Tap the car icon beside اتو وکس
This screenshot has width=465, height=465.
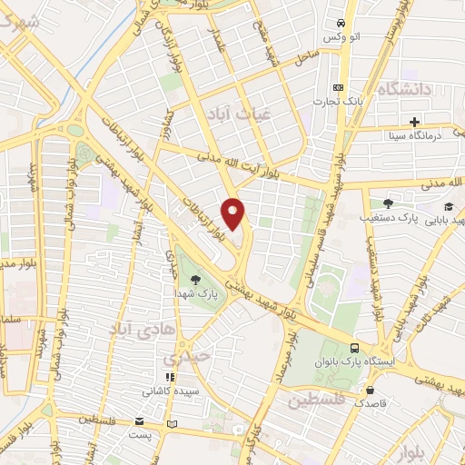340,23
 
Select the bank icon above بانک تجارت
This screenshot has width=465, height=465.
339,87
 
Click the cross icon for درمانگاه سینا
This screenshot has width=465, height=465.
414,121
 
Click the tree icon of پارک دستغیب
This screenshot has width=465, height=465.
389,204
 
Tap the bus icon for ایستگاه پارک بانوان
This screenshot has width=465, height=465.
355,348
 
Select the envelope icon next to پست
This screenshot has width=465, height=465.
139,421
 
